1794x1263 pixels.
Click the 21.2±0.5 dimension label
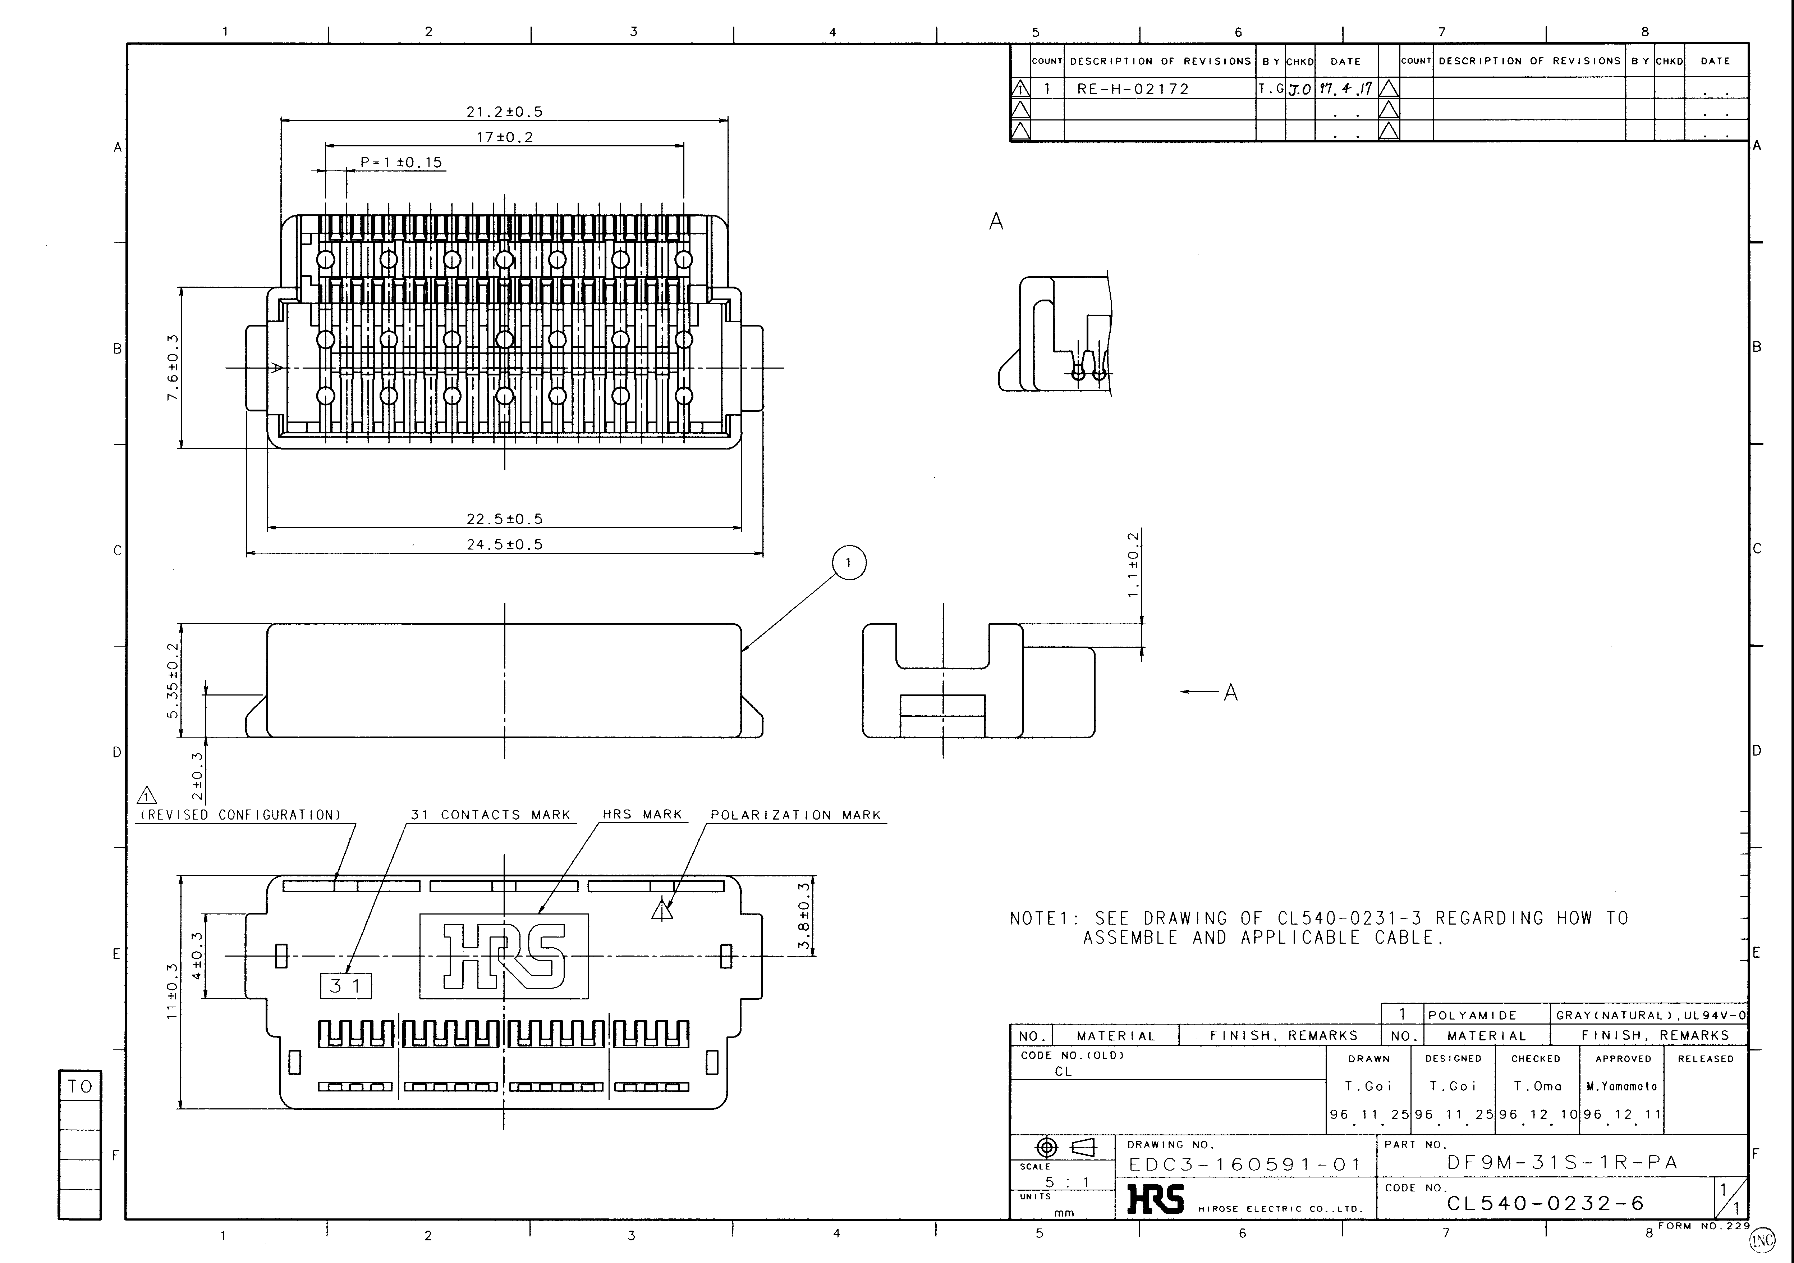click(x=504, y=112)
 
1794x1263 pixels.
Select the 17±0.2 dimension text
click(x=504, y=137)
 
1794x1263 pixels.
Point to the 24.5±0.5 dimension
click(x=504, y=545)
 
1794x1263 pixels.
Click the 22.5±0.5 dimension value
click(x=504, y=519)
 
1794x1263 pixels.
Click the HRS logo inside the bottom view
click(x=504, y=956)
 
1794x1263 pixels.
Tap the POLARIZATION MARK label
click(x=795, y=815)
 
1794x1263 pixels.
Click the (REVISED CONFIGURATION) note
click(x=241, y=815)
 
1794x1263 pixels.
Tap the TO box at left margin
click(x=80, y=1086)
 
